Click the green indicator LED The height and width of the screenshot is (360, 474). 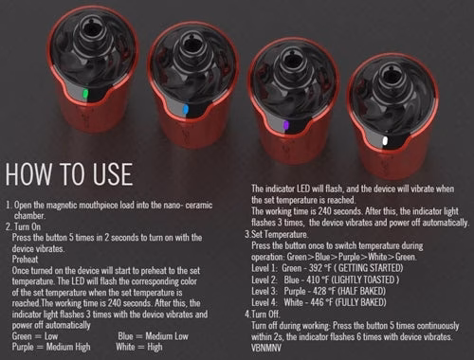85,94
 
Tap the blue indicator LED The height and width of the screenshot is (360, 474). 186,109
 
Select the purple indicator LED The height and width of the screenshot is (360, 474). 286,125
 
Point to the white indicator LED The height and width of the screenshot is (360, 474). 385,140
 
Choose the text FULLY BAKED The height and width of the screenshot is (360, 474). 360,302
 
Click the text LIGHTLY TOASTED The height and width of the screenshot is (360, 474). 364,279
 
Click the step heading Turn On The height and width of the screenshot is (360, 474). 27,226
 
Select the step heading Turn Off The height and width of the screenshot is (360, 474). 265,315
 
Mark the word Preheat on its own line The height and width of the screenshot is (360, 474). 25,260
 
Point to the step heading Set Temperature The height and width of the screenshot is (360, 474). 280,234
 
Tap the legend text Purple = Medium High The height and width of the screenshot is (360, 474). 51,347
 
